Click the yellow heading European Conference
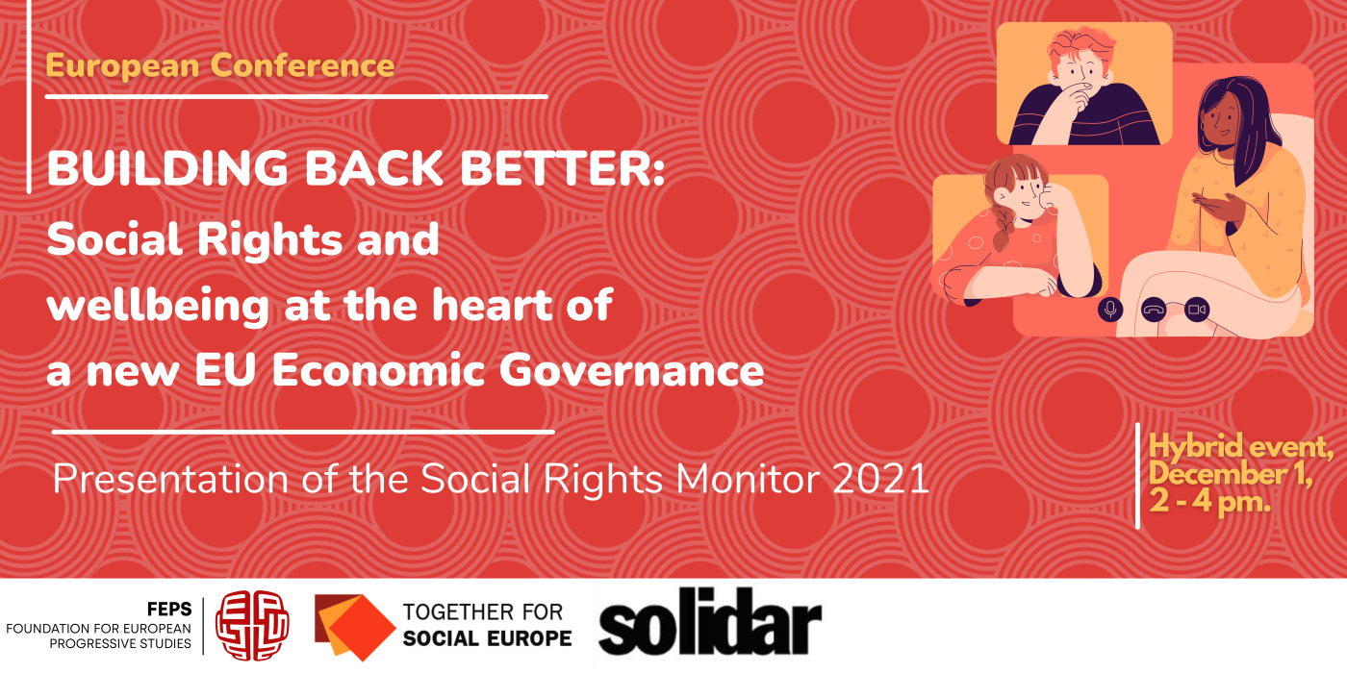tap(220, 65)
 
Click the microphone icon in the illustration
tap(1110, 310)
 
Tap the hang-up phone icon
tap(1154, 310)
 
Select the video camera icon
tap(1197, 310)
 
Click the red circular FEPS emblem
tap(251, 625)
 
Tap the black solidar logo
tap(710, 624)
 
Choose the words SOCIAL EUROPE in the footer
tap(487, 638)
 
